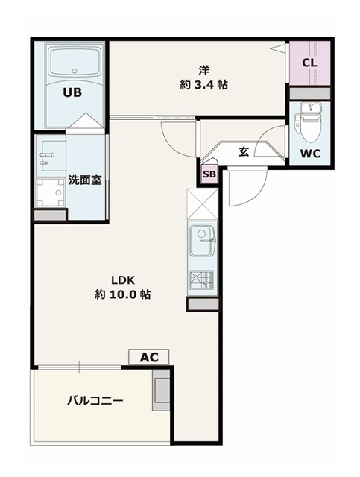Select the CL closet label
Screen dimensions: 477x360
click(x=310, y=63)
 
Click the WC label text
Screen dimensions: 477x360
click(x=310, y=154)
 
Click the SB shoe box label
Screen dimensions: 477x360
click(x=209, y=174)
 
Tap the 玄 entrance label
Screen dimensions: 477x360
click(x=244, y=151)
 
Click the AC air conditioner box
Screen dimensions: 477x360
click(x=149, y=357)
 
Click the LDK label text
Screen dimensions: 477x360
click(x=122, y=279)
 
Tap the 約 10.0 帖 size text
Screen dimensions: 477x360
click(x=122, y=294)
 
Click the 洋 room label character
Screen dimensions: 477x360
click(x=203, y=70)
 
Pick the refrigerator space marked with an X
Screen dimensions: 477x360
click(x=203, y=203)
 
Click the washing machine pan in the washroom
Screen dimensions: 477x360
click(x=49, y=193)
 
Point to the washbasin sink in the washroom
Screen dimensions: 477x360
click(x=49, y=155)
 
